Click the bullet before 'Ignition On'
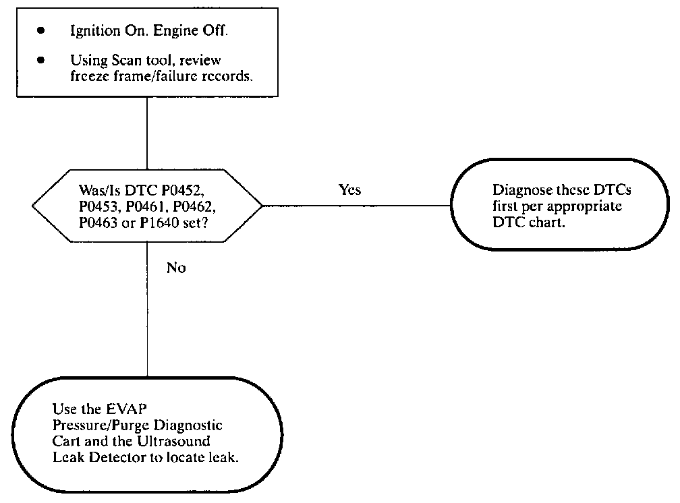click(40, 30)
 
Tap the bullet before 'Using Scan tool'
click(40, 60)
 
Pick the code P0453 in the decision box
click(98, 207)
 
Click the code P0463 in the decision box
click(98, 223)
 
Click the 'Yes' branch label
click(349, 190)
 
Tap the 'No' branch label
click(176, 268)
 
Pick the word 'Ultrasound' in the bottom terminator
click(173, 442)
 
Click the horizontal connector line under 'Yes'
click(356, 206)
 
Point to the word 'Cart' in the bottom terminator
click(66, 442)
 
